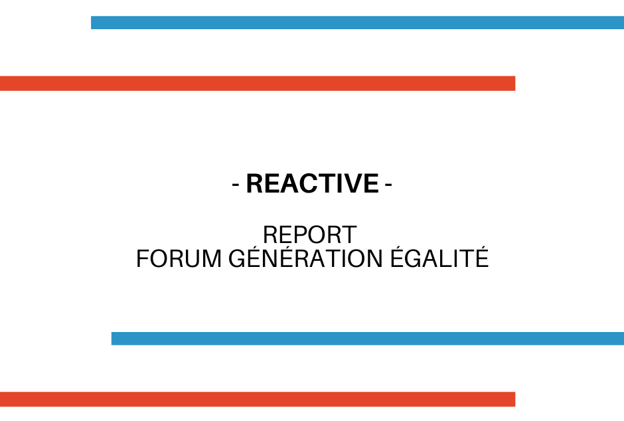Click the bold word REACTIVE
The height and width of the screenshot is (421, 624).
pyautogui.click(x=313, y=183)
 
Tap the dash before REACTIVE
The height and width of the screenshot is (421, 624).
pyautogui.click(x=236, y=184)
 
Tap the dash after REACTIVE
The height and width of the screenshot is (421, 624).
pyautogui.click(x=389, y=184)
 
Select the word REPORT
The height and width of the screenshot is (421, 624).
pyautogui.click(x=309, y=235)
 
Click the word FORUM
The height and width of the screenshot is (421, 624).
pyautogui.click(x=179, y=259)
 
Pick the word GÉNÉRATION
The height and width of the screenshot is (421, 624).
pyautogui.click(x=305, y=257)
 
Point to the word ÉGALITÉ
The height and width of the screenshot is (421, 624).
pyautogui.click(x=439, y=257)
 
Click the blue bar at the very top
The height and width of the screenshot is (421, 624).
pyautogui.click(x=357, y=23)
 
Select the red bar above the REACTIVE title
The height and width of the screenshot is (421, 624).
pyautogui.click(x=258, y=84)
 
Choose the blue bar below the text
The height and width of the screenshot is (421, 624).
pyautogui.click(x=368, y=339)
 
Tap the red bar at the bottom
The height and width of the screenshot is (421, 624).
pyautogui.click(x=258, y=399)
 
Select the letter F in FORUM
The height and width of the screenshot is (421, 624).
pyautogui.click(x=142, y=259)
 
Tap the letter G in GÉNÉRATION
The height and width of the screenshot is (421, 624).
pyautogui.click(x=237, y=259)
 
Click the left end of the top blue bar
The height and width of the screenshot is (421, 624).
pyautogui.click(x=92, y=23)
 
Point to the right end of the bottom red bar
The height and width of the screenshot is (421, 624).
pyautogui.click(x=515, y=399)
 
